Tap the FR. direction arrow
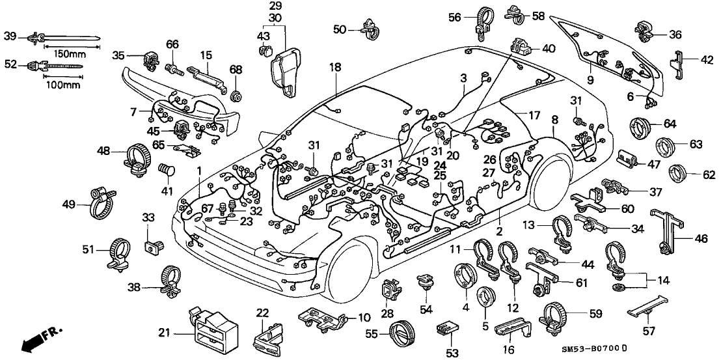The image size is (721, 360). coord(38,339)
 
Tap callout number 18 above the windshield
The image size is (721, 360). coord(334,66)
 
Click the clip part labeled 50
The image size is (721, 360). coord(375,28)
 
